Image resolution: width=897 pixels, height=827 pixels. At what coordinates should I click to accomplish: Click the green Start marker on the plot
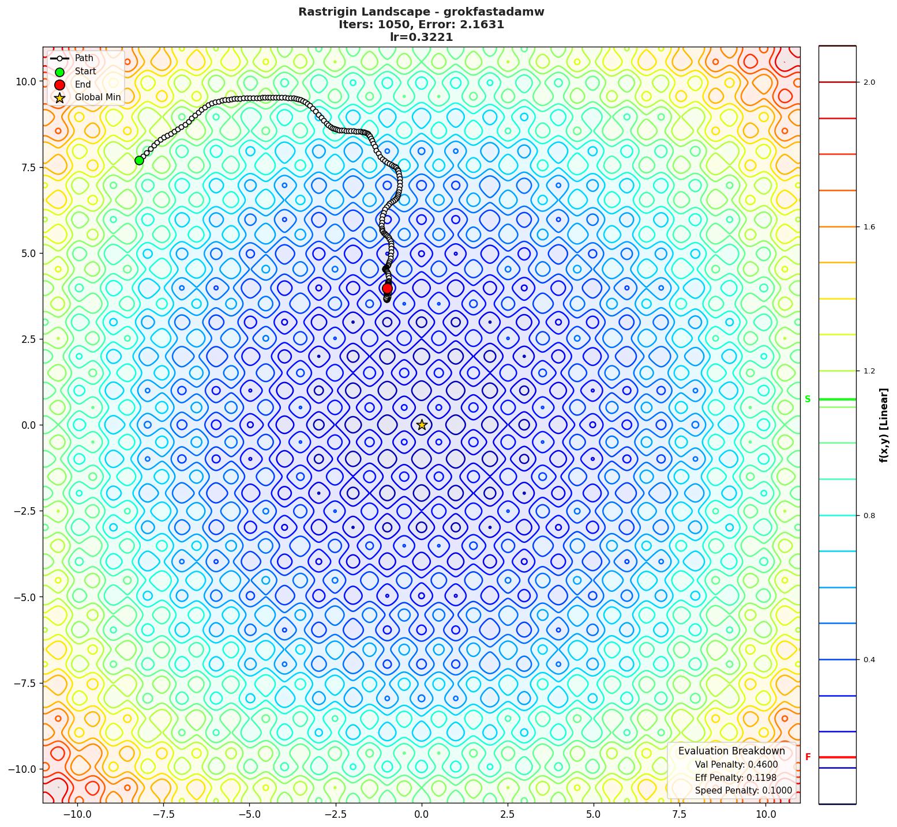139,160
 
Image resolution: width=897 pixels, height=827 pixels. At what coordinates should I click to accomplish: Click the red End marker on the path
387,288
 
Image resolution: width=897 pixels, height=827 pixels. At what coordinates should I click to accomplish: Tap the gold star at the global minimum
422,425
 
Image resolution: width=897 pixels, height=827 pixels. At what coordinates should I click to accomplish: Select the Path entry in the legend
84,58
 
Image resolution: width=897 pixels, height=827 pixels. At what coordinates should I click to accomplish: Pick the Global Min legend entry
97,97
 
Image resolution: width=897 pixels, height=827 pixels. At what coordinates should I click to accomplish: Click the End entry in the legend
82,84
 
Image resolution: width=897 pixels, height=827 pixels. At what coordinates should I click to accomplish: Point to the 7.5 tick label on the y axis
25,167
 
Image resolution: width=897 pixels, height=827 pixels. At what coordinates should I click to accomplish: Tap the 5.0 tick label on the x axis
594,814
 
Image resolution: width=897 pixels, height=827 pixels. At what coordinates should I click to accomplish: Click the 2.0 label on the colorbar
869,82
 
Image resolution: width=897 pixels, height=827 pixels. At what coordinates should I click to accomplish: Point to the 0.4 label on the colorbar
869,660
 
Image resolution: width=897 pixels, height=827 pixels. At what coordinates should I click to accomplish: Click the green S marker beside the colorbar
808,399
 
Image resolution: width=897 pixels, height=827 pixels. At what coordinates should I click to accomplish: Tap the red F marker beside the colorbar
808,757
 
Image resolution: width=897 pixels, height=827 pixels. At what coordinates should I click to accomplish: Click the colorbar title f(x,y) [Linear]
883,425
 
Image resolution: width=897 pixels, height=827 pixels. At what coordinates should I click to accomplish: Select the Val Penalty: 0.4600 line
736,765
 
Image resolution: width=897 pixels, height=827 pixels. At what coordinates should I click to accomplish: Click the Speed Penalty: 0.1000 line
743,791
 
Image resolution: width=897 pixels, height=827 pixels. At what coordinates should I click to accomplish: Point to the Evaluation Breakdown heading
731,751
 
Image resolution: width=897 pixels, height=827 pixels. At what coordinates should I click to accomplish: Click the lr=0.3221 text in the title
421,37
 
